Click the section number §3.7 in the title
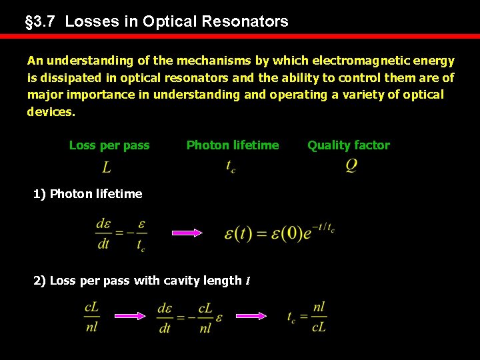(x=41, y=21)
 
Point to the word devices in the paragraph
(x=51, y=112)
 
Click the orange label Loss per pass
(x=109, y=145)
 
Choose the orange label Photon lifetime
(x=233, y=145)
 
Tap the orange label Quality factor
(x=349, y=145)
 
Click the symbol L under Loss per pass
(x=107, y=167)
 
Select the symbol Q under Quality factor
(x=351, y=166)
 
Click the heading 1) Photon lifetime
(x=88, y=194)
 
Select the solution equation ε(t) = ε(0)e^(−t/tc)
(x=279, y=233)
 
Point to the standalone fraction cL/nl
(x=93, y=317)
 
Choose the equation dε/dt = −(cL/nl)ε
(x=189, y=317)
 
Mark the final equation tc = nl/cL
(x=307, y=317)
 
